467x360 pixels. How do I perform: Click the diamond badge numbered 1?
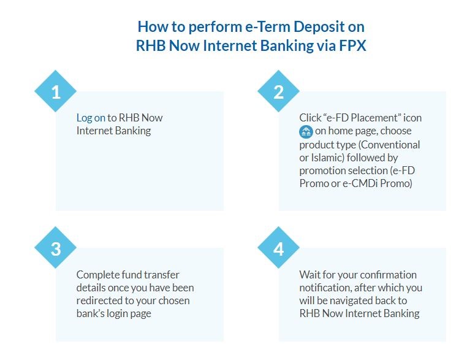[55, 91]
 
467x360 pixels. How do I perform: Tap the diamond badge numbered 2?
[278, 91]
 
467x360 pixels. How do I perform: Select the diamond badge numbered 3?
[55, 247]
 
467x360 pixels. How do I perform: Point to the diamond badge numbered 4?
[278, 247]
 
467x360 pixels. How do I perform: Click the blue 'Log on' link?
[91, 118]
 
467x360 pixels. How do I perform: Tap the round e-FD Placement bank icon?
[306, 131]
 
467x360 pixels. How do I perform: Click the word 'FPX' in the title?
[352, 45]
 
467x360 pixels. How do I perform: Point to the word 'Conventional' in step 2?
[389, 145]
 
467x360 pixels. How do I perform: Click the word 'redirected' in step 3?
[101, 301]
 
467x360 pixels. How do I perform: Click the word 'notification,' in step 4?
[325, 288]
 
